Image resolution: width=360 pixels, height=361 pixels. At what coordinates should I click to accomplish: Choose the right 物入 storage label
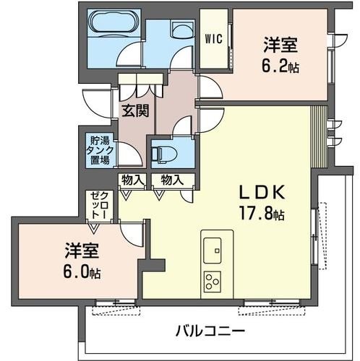pyautogui.click(x=171, y=180)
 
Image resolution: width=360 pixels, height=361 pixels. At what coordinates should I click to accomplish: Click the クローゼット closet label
pyautogui.click(x=97, y=206)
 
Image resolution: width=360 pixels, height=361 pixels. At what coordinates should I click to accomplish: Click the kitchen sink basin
pyautogui.click(x=215, y=252)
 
